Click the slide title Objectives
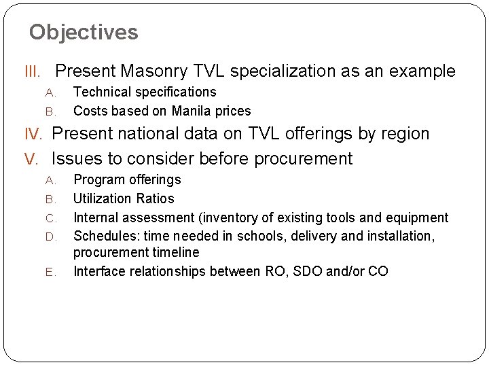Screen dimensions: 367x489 click(x=84, y=32)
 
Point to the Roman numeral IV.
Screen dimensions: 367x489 click(x=34, y=134)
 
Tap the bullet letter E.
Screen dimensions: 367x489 click(x=50, y=272)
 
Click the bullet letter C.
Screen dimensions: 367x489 click(x=50, y=218)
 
